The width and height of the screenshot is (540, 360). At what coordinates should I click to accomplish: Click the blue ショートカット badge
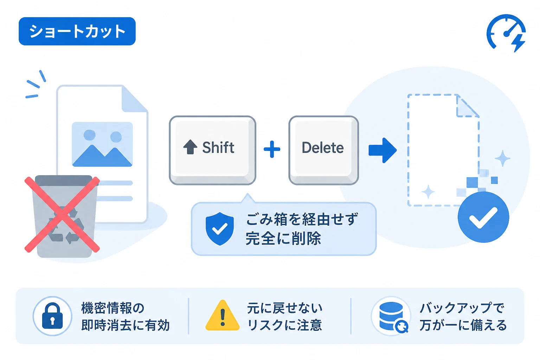coord(77,31)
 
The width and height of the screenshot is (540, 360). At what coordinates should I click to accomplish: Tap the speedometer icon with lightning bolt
coord(506,33)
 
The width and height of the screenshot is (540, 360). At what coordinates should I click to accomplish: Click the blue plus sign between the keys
coord(272,149)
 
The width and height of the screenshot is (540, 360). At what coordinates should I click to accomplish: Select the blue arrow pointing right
coord(382,150)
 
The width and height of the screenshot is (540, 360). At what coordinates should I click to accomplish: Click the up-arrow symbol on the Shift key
coord(190,147)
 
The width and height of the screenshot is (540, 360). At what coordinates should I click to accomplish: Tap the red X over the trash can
coord(62,214)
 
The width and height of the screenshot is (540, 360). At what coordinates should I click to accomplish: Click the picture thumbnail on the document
coord(102,144)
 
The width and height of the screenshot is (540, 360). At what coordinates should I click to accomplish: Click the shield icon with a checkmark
coord(220,229)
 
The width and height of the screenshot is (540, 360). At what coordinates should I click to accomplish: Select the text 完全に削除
coord(283,238)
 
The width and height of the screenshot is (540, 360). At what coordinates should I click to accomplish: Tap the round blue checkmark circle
coord(483,217)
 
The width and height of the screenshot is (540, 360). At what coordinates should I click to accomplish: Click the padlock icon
coord(52,316)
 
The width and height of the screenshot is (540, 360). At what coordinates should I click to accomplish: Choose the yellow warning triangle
coord(222,315)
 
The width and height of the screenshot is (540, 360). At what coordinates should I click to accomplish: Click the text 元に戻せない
coord(284,308)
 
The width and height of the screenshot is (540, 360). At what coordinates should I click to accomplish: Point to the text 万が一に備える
coord(463,325)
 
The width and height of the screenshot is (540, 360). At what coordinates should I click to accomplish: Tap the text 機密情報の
coord(113,308)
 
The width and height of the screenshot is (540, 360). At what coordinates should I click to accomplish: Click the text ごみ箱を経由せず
coord(302,219)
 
